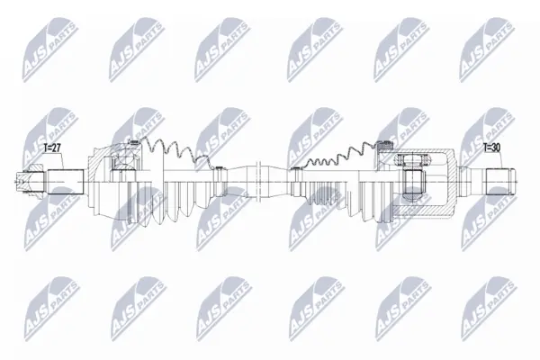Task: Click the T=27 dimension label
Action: (52, 148)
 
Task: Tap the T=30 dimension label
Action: (491, 148)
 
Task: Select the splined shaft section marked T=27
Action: (66, 182)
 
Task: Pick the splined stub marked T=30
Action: (500, 182)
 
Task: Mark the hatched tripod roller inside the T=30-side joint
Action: (412, 160)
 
